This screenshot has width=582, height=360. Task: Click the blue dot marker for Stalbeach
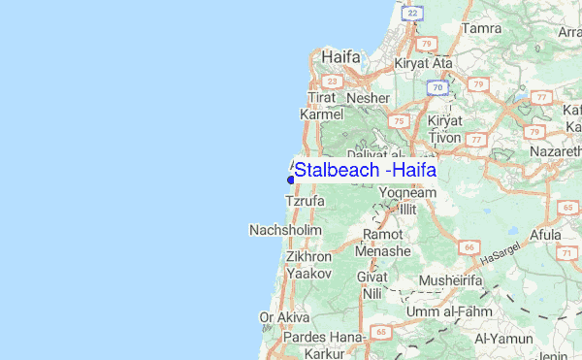click(290, 178)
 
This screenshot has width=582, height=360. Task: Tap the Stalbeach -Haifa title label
click(365, 171)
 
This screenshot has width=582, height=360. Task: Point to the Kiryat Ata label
click(424, 63)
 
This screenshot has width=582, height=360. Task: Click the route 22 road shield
click(413, 13)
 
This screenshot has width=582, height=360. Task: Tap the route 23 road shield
click(333, 82)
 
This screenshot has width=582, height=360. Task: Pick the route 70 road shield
click(438, 88)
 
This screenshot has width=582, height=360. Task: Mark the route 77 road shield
click(475, 140)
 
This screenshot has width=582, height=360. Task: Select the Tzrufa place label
click(304, 201)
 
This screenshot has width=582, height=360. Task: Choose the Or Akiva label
click(284, 317)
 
